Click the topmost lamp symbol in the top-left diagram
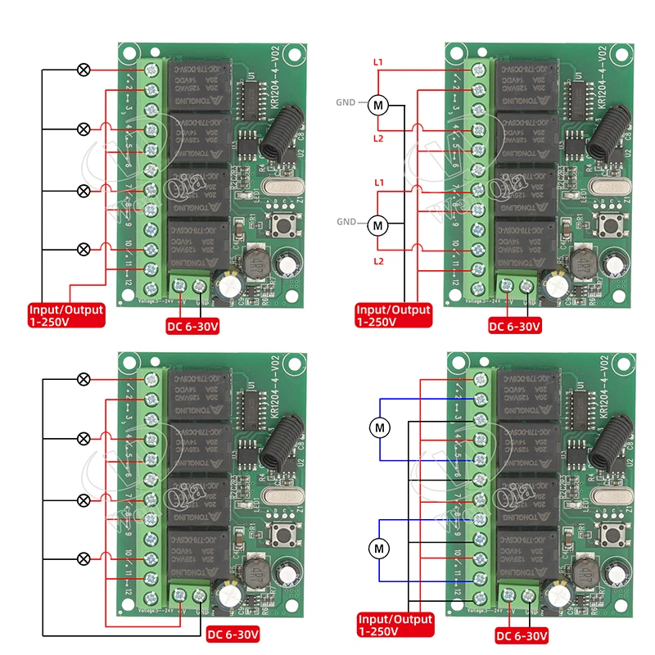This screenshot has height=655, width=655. click(83, 70)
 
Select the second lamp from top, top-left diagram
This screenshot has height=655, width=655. click(83, 129)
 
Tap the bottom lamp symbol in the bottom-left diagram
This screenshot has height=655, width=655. click(83, 558)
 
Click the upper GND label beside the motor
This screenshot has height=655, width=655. click(346, 103)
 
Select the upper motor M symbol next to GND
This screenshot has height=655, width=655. click(377, 105)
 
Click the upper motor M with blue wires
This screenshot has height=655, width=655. click(378, 427)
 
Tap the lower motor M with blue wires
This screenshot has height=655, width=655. click(378, 546)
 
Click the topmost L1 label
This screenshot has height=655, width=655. click(377, 61)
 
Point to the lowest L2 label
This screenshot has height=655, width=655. click(377, 260)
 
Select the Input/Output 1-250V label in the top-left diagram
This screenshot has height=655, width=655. click(66, 315)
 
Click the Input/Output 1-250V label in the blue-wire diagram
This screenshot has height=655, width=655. click(395, 626)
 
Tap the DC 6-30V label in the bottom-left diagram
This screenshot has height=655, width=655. click(233, 634)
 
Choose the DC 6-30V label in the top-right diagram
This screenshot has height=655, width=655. click(514, 327)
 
